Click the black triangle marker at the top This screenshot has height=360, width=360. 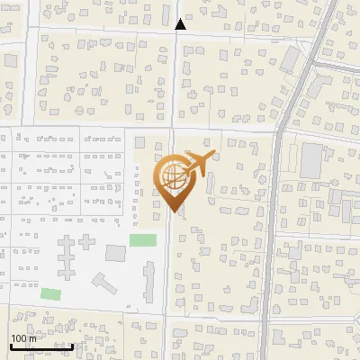click(x=181, y=24)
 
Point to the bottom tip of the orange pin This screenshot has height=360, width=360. click(x=172, y=212)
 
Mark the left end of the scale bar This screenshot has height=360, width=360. click(x=10, y=346)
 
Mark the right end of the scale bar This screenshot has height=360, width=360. click(x=73, y=346)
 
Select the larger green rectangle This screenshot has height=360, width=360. click(x=142, y=240)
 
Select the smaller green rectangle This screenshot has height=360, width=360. click(x=51, y=293)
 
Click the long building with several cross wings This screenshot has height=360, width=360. click(x=67, y=260)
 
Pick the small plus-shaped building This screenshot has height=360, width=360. click(x=87, y=243)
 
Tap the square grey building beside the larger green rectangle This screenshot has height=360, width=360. click(x=116, y=251)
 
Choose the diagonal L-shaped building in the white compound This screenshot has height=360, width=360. click(x=103, y=283)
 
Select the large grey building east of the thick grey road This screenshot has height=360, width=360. click(x=311, y=160)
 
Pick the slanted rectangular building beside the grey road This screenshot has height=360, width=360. click(x=290, y=60)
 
